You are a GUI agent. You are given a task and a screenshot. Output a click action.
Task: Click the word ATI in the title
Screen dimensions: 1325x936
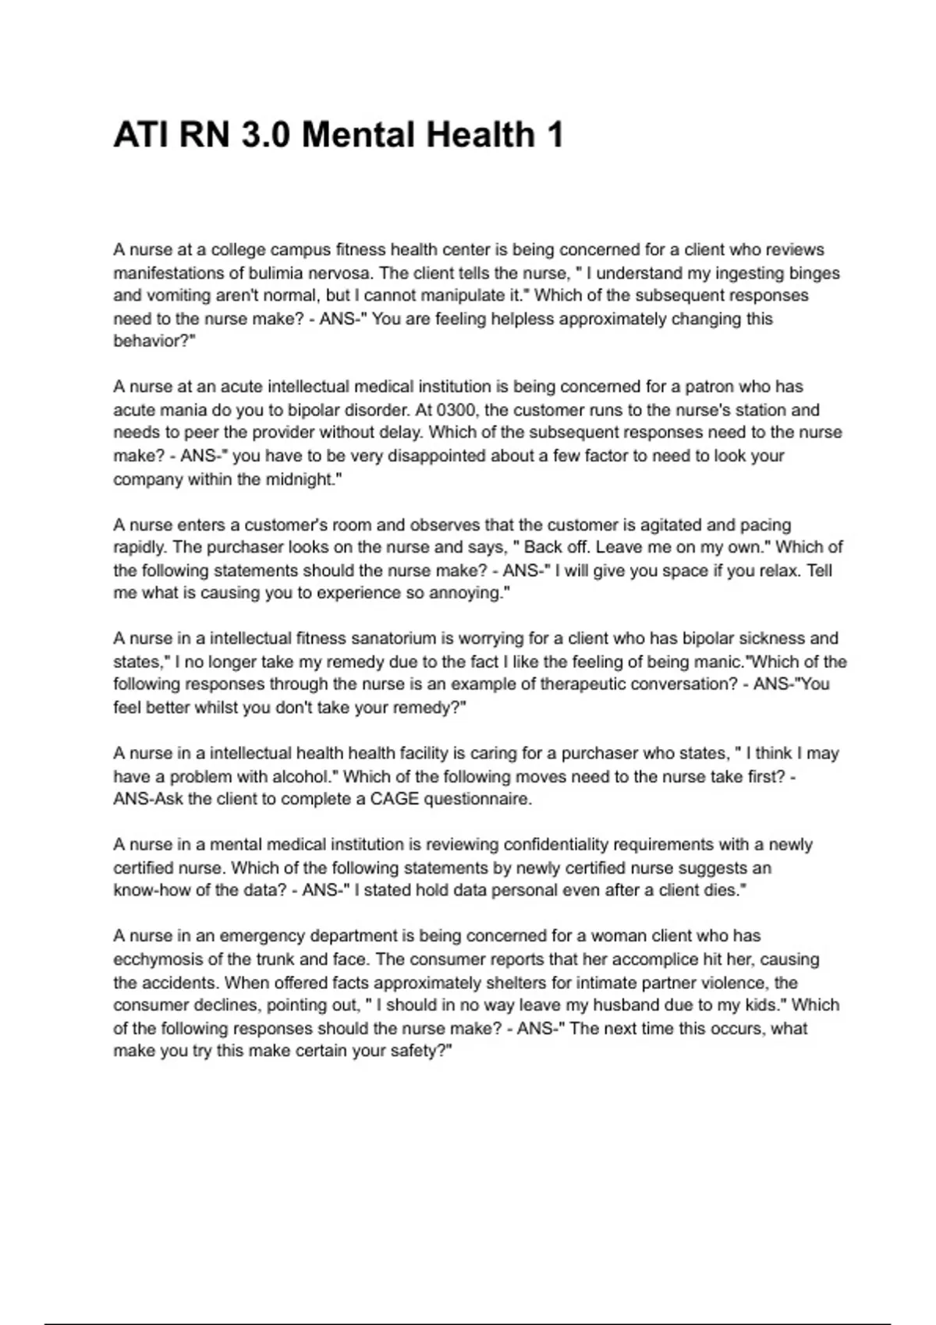point(140,135)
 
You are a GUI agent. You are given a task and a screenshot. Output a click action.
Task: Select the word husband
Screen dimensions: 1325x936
point(615,1005)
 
